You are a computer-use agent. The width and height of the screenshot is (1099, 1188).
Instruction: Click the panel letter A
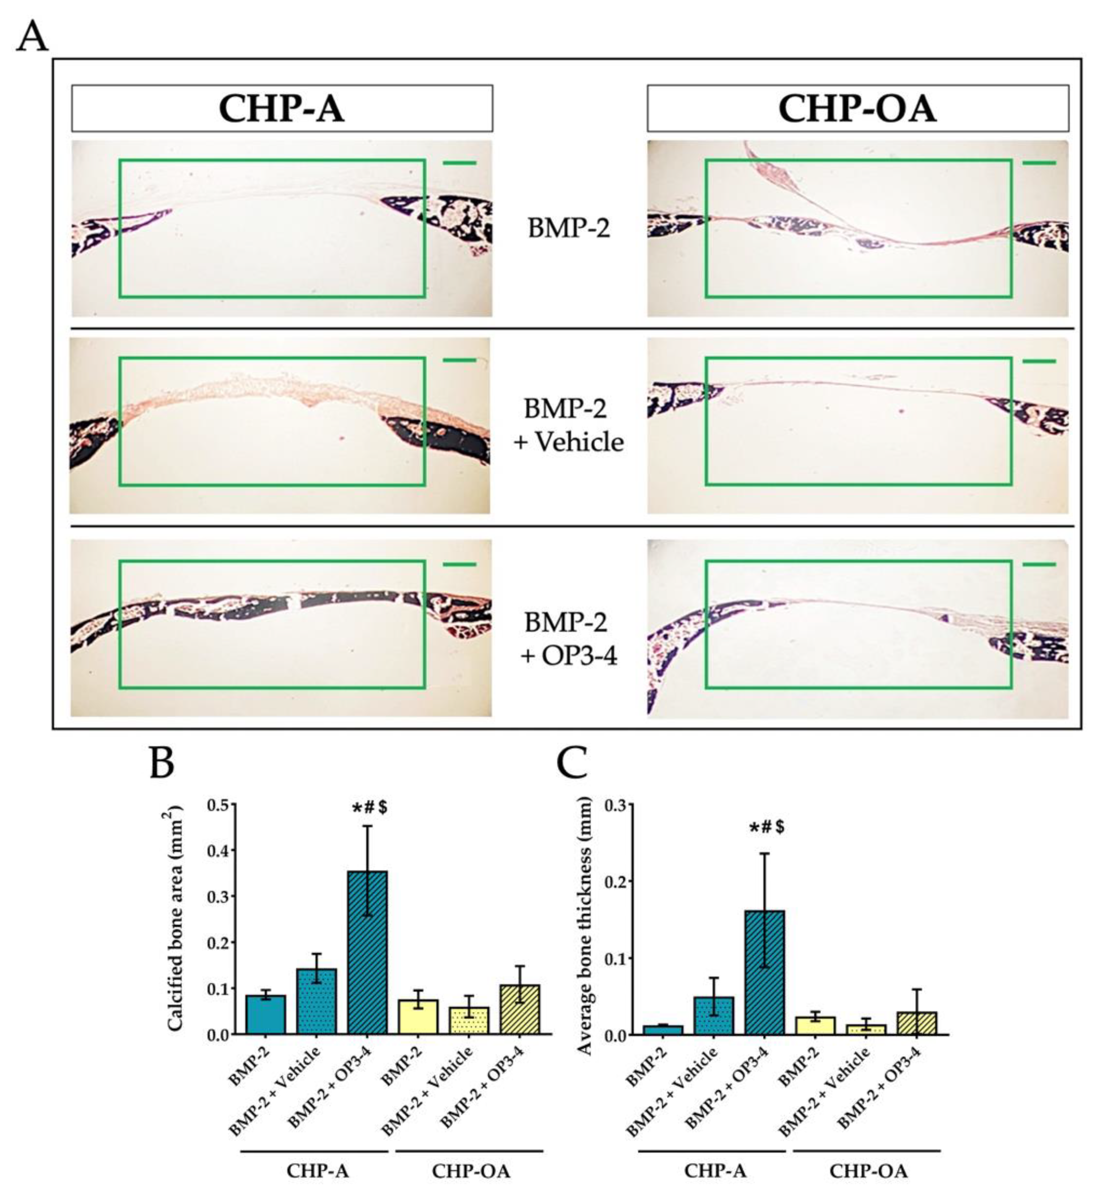pyautogui.click(x=33, y=37)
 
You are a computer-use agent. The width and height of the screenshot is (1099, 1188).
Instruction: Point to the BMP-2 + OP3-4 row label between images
pyautogui.click(x=569, y=639)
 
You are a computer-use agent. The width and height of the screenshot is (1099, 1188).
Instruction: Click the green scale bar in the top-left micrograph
pyautogui.click(x=459, y=162)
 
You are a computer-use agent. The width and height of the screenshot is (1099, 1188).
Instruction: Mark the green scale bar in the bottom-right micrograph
pyautogui.click(x=1039, y=564)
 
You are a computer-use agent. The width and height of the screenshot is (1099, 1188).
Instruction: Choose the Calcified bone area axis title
pyautogui.click(x=175, y=919)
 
